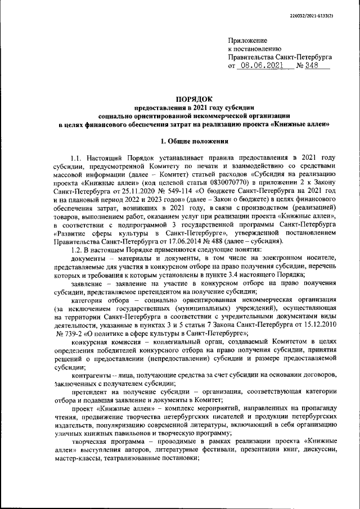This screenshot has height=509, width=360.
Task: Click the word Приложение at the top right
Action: [x=247, y=41]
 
